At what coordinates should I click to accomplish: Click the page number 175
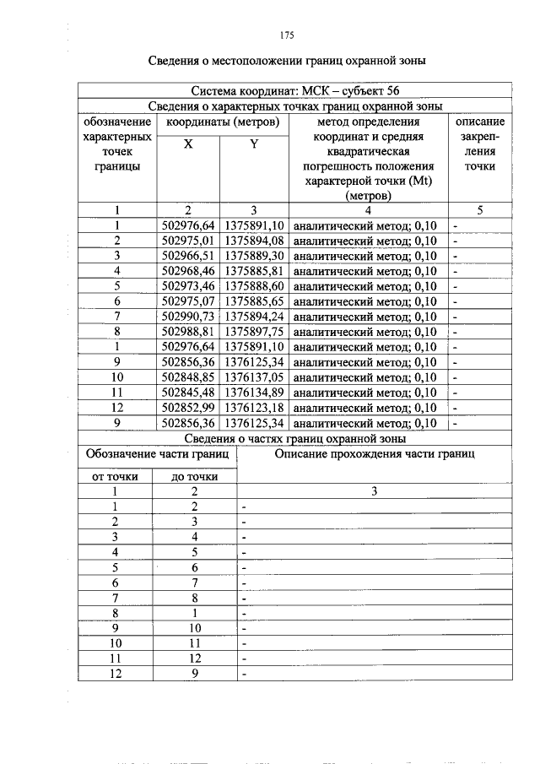pyautogui.click(x=286, y=35)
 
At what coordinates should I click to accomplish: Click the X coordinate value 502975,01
pyautogui.click(x=188, y=241)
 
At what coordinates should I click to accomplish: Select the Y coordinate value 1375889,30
pyautogui.click(x=254, y=256)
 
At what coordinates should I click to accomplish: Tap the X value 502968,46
pyautogui.click(x=188, y=271)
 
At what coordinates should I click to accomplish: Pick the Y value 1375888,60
pyautogui.click(x=254, y=286)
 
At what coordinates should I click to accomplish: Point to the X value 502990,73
pyautogui.click(x=188, y=317)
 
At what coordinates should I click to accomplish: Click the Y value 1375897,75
pyautogui.click(x=254, y=332)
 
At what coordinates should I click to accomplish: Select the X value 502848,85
pyautogui.click(x=188, y=377)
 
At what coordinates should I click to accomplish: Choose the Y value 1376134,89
pyautogui.click(x=254, y=393)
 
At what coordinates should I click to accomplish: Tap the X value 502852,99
pyautogui.click(x=188, y=408)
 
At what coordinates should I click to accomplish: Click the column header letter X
pyautogui.click(x=188, y=144)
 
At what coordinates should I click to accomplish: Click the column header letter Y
pyautogui.click(x=253, y=144)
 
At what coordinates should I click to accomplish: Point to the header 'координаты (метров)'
pyautogui.click(x=222, y=122)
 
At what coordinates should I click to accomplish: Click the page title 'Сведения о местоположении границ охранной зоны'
pyautogui.click(x=286, y=61)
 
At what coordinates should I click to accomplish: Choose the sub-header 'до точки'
pyautogui.click(x=195, y=476)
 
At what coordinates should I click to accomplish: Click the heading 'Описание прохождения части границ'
pyautogui.click(x=375, y=454)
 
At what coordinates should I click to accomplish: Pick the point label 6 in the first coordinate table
pyautogui.click(x=118, y=301)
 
